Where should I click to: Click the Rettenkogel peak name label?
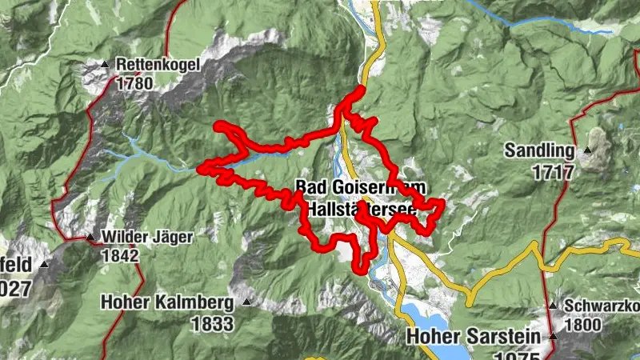(x=157, y=64)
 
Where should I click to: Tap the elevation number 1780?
(x=134, y=82)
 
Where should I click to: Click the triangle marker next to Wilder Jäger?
(x=90, y=238)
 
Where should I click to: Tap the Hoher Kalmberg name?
(x=167, y=303)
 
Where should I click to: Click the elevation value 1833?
(x=212, y=323)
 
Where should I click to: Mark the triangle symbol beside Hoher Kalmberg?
(x=246, y=302)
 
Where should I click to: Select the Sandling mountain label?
(x=539, y=150)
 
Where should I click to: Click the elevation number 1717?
(x=552, y=171)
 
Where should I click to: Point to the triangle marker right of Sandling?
(x=588, y=150)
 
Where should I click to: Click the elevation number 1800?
(x=583, y=325)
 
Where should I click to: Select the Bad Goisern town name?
(x=336, y=187)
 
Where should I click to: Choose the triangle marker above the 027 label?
(x=44, y=263)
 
